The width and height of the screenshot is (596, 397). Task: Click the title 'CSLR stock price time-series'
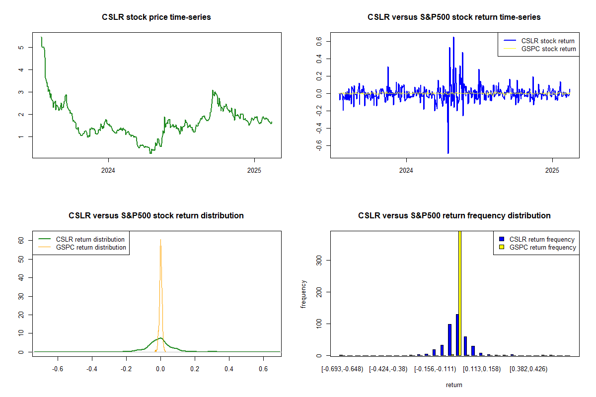click(156, 17)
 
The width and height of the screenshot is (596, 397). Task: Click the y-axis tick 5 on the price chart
click(20, 47)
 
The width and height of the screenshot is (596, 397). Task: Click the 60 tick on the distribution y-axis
click(21, 240)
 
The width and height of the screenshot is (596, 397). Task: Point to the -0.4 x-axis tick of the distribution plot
click(91, 369)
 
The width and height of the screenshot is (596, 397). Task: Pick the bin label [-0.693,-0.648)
click(342, 369)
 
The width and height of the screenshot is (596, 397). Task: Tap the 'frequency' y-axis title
click(303, 294)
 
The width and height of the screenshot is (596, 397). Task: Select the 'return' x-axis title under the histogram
click(454, 385)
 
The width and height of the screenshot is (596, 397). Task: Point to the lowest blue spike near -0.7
click(448, 152)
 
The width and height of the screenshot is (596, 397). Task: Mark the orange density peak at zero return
click(160, 241)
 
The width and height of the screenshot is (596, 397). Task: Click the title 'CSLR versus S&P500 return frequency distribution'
click(454, 216)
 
